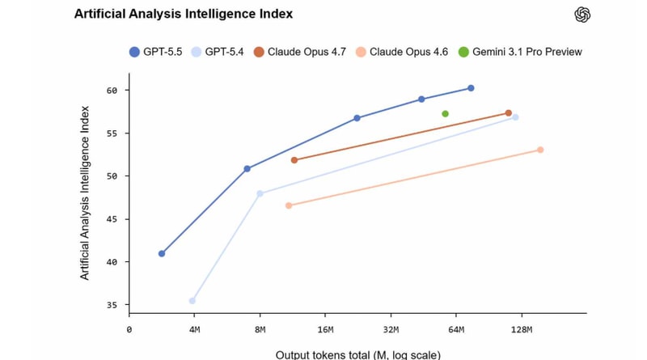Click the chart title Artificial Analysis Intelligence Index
coord(183,14)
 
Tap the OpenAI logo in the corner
coord(582,15)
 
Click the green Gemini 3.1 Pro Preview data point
coord(445,114)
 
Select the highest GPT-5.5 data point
coord(471,88)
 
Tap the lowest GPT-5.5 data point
coord(162,254)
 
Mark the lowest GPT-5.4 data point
coord(192,301)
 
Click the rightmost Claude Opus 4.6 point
coord(540,150)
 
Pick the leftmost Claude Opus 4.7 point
coord(294,160)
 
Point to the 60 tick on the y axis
coord(112,91)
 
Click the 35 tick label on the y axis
coord(112,305)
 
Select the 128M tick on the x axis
coord(521,329)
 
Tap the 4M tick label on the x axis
coord(194,329)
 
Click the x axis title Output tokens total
coord(357,354)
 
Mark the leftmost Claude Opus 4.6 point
coord(289,205)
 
